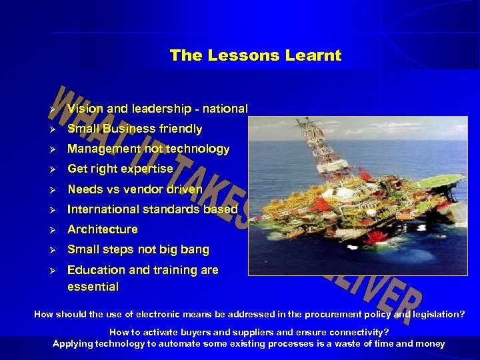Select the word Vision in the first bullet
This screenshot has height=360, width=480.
(x=85, y=109)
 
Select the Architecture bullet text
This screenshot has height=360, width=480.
(x=103, y=229)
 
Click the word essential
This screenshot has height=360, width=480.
(x=93, y=287)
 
